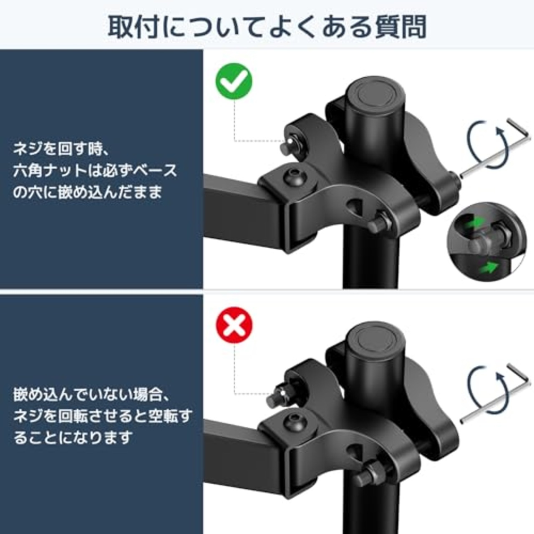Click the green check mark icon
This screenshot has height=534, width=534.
[x=234, y=81]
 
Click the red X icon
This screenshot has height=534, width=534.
[x=234, y=325]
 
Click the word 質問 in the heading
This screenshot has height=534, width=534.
[x=400, y=27]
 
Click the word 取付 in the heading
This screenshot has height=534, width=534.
[x=133, y=27]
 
